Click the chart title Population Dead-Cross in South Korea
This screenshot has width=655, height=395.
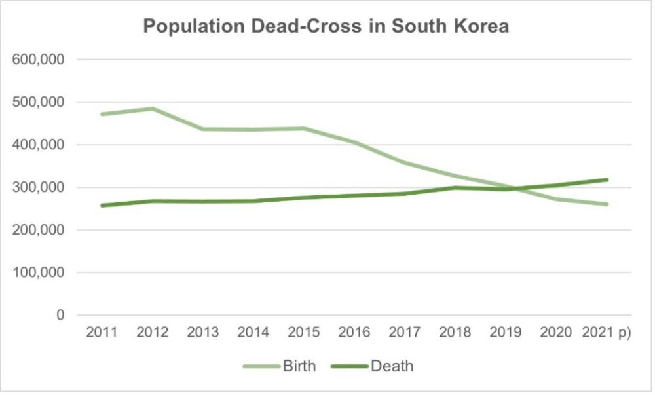click(x=326, y=28)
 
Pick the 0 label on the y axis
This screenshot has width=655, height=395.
click(x=60, y=315)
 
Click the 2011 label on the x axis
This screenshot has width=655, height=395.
click(x=102, y=332)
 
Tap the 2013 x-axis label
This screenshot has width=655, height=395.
click(x=202, y=332)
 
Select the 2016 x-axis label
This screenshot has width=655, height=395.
click(x=354, y=332)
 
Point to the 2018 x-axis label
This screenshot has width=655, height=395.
click(x=455, y=332)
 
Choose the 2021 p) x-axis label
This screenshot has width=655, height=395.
click(x=606, y=332)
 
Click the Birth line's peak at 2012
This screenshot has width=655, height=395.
click(x=152, y=109)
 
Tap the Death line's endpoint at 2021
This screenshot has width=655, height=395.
click(x=607, y=179)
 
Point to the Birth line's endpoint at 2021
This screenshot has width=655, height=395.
click(x=607, y=204)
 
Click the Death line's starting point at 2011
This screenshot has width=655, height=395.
click(x=102, y=206)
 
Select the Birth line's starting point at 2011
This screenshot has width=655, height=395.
click(x=102, y=114)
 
